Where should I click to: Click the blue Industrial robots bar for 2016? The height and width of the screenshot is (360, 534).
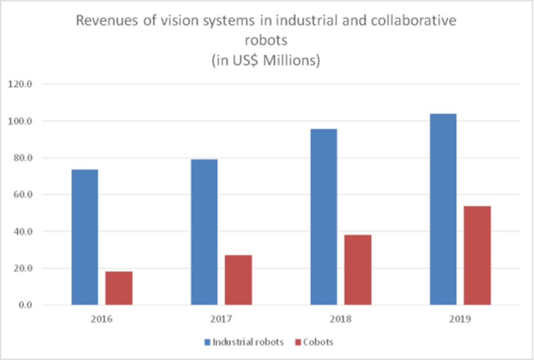(85, 237)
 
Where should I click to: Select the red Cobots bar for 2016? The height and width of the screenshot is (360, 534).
(119, 288)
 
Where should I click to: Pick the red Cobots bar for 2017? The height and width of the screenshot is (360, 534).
(238, 280)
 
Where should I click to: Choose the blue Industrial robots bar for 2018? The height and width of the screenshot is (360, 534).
(324, 217)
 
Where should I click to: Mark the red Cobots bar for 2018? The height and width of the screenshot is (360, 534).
(358, 270)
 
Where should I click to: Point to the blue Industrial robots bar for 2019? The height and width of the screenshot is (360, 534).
(443, 209)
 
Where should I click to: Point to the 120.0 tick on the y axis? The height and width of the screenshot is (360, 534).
(22, 84)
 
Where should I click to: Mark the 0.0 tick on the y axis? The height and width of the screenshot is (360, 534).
(25, 305)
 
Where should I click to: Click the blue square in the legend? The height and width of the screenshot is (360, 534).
(207, 342)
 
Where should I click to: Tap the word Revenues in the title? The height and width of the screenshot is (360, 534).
(103, 22)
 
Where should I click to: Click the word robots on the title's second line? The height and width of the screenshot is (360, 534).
(267, 40)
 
